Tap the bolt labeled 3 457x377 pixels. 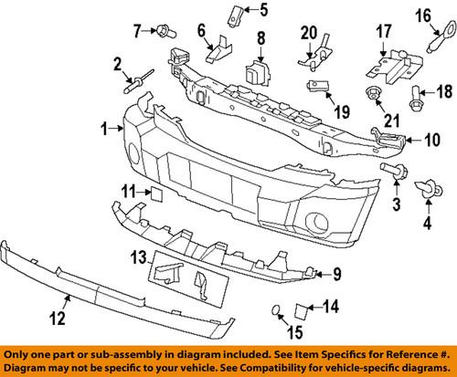coord(388,172)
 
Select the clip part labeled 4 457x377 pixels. coord(427,190)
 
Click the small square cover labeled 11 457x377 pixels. coord(154,192)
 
